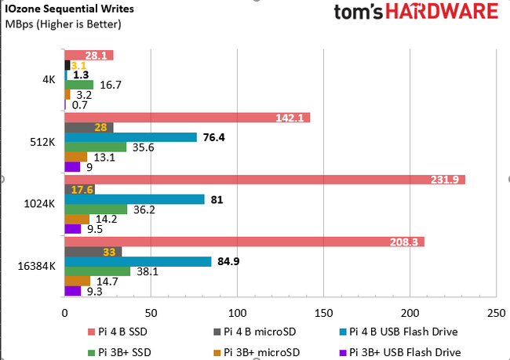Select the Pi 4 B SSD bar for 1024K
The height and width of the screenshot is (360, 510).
pyautogui.click(x=264, y=180)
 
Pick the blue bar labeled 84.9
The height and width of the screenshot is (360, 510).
pyautogui.click(x=137, y=262)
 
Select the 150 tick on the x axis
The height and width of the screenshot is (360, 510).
pyautogui.click(x=323, y=312)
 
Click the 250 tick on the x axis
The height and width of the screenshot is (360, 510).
pyautogui.click(x=496, y=312)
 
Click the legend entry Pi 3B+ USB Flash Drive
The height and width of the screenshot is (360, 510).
pyautogui.click(x=405, y=352)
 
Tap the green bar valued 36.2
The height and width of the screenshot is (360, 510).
pyautogui.click(x=95, y=209)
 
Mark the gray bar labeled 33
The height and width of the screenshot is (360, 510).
pyautogui.click(x=93, y=252)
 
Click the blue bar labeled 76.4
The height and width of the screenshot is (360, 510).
pyautogui.click(x=130, y=137)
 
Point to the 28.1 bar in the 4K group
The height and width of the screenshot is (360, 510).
pyautogui.click(x=88, y=55)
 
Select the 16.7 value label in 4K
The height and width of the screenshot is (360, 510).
pyautogui.click(x=109, y=85)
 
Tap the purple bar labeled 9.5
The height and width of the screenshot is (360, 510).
pyautogui.click(x=72, y=230)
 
